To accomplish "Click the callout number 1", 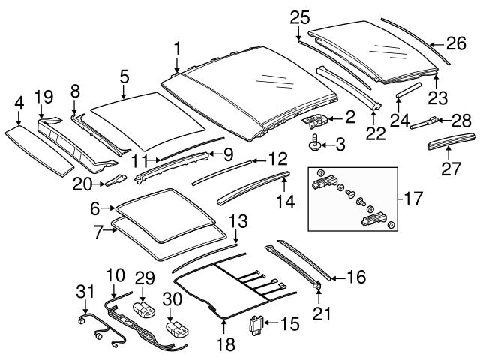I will click(177, 49).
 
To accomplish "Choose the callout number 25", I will click(300, 16).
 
